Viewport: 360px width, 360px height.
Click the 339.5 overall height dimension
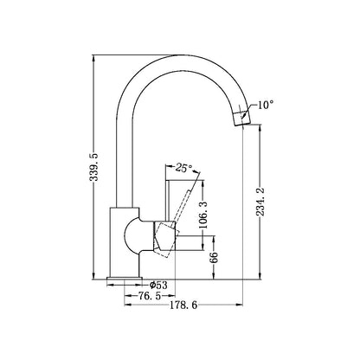93,167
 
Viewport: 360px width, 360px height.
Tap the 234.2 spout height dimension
260,202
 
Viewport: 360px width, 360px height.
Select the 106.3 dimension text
203,215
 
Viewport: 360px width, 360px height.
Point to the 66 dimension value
214,257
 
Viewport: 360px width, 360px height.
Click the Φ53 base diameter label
158,286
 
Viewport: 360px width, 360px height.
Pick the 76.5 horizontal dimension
150,296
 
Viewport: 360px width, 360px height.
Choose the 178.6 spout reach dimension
183,305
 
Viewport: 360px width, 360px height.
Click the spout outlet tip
241,122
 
